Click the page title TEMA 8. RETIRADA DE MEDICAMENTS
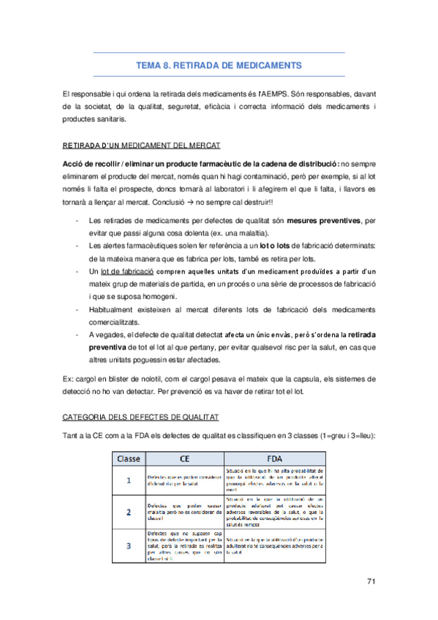coord(219,65)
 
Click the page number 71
coord(370,581)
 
